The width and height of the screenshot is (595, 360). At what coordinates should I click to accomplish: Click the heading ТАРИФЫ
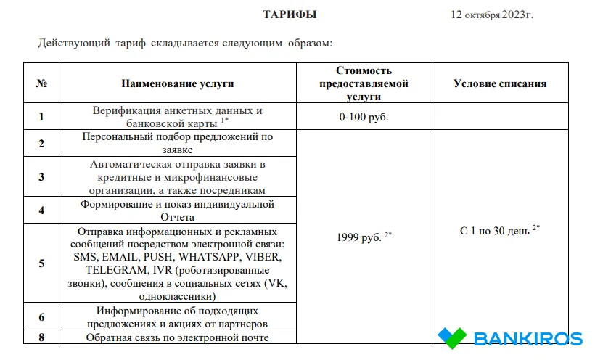pyautogui.click(x=290, y=15)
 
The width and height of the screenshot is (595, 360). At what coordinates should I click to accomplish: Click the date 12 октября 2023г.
pyautogui.click(x=491, y=15)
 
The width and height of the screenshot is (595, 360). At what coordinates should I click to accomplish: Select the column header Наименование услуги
pyautogui.click(x=178, y=83)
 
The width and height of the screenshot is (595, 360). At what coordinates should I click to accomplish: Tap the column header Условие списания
pyautogui.click(x=499, y=83)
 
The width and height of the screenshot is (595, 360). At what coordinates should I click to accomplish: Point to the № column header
pyautogui.click(x=41, y=83)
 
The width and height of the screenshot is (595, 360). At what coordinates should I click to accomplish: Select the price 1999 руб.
pyautogui.click(x=361, y=237)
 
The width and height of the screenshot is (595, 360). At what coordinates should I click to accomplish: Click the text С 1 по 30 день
pyautogui.click(x=496, y=230)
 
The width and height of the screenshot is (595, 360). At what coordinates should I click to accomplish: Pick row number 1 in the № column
pyautogui.click(x=41, y=116)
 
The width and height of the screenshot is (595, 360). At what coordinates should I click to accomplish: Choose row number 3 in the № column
pyautogui.click(x=41, y=177)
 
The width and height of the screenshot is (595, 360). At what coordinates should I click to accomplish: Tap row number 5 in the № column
pyautogui.click(x=41, y=263)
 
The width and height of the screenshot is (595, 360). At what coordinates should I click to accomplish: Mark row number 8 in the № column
pyautogui.click(x=41, y=337)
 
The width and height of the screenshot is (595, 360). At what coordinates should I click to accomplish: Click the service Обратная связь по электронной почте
pyautogui.click(x=178, y=337)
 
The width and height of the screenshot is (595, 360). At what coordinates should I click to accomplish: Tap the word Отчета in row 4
pyautogui.click(x=178, y=217)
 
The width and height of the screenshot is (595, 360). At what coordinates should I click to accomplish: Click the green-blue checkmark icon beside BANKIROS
pyautogui.click(x=451, y=337)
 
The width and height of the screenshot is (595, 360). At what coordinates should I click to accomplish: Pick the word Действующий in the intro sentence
pyautogui.click(x=72, y=44)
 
